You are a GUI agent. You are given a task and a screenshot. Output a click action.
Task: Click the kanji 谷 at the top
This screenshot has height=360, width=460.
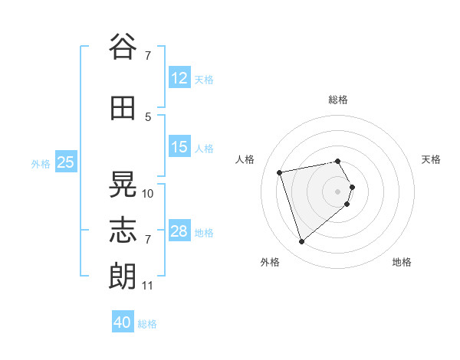pos(123,46)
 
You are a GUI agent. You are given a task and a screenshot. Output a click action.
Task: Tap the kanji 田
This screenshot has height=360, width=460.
pos(123,108)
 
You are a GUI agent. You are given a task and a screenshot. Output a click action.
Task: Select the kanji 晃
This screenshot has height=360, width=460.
pos(123,184)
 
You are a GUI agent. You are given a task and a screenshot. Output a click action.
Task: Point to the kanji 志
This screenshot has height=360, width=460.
pos(123,230)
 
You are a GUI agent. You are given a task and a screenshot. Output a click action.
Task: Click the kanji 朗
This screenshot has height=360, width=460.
pos(123,277)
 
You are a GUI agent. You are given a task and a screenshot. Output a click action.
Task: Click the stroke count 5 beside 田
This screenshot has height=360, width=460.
pos(148,117)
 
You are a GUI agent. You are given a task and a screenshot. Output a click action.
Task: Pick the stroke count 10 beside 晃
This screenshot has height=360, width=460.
pos(147,194)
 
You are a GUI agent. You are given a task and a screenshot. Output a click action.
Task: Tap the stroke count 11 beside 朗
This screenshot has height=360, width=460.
pos(147,286)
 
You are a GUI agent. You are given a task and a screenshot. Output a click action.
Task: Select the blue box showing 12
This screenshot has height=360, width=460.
pos(180,77)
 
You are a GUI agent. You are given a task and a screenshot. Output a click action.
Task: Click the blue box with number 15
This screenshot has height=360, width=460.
pos(180,146)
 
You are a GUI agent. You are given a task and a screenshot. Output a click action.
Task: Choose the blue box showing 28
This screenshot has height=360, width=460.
pos(180,230)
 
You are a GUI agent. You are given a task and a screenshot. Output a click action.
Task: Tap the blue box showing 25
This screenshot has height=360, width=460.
pos(66,162)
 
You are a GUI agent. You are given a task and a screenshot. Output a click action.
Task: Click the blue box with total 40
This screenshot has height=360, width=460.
pos(123,321)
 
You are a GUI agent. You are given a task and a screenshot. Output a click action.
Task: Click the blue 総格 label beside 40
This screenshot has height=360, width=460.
pos(147,324)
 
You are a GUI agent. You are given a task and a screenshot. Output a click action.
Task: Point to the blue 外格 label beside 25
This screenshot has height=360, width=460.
pos(41,164)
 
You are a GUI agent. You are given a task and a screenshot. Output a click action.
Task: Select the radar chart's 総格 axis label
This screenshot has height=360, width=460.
pos(338,100)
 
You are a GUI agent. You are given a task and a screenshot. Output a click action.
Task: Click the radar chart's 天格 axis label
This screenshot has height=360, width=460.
pos(431,159)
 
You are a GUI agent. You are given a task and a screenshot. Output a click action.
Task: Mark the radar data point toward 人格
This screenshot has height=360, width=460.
pos(279,172)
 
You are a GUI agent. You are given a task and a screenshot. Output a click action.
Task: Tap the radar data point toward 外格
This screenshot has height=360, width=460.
pos(301,241)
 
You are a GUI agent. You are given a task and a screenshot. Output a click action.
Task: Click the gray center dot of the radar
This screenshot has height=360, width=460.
pos(337,191)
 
